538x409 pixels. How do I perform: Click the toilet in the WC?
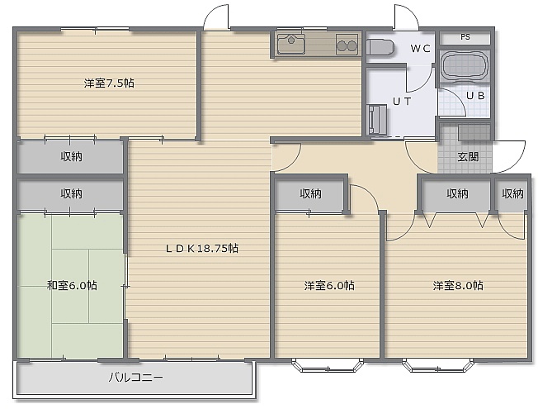pos(380,47)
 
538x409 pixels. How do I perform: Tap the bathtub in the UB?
pos(465,66)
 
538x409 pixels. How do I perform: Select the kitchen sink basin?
pos(291,44)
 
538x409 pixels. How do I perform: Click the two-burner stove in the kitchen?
pos(347,45)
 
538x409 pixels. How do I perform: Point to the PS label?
pos(465,37)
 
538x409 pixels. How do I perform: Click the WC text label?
pos(420,49)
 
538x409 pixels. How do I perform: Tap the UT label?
pos(402,102)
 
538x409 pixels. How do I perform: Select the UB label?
pos(475,96)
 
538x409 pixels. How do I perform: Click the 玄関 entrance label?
pos(468,157)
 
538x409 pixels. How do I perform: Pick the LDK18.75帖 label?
pos(202,248)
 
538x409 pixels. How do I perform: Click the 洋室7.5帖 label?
pos(109,83)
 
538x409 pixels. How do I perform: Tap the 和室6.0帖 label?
pos(72,285)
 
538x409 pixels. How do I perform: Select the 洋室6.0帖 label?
pos(329,285)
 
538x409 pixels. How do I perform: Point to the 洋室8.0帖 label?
pos(458,285)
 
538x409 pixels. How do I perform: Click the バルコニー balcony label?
pos(136,378)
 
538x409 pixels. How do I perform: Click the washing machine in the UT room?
pos(376,120)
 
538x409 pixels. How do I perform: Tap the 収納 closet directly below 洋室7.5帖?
pos(70,157)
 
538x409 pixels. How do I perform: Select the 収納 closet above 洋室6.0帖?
pos(309,194)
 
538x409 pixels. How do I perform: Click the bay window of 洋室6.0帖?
pos(328,366)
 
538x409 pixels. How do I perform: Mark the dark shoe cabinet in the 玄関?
pos(474,133)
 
